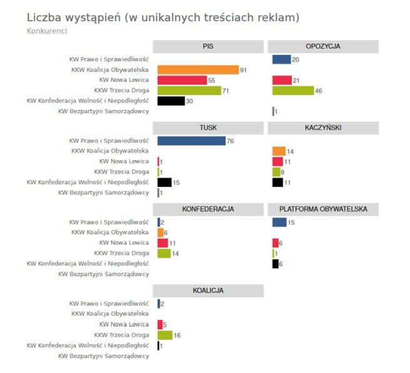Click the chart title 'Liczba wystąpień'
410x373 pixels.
point(75,17)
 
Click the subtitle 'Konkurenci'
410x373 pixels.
point(47,31)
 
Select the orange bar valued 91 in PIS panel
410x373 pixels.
point(198,70)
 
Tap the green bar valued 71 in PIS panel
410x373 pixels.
point(189,91)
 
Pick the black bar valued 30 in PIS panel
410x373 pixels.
point(171,101)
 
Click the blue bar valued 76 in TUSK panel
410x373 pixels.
point(191,141)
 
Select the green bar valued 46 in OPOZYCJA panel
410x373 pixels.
point(293,91)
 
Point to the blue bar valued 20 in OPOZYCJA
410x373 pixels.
point(282,59)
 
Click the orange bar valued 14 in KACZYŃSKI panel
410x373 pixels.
point(279,151)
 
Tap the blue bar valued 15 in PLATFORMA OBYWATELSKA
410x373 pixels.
point(279,222)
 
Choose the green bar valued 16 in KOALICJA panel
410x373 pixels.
point(165,335)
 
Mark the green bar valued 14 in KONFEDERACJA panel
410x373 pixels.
point(164,253)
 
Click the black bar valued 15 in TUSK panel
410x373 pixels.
point(164,182)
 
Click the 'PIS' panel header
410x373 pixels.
point(208,47)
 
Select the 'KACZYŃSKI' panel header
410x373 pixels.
point(323,127)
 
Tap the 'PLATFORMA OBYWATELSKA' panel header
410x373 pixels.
point(323,209)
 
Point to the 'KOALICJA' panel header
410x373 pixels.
point(208,291)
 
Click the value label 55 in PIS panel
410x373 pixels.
point(212,81)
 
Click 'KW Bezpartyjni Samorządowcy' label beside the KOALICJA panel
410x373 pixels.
point(103,356)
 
